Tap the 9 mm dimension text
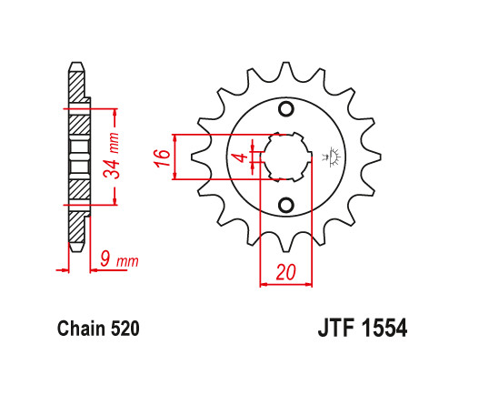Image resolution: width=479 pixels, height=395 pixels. pyautogui.click(x=118, y=262)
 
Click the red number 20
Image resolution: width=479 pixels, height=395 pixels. pyautogui.click(x=285, y=270)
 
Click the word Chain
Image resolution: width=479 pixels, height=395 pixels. pyautogui.click(x=79, y=329)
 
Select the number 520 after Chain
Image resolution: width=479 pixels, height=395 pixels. pyautogui.click(x=124, y=329)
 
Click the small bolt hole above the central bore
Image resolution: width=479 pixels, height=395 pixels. pyautogui.click(x=285, y=110)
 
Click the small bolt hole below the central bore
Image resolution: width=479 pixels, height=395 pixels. pyautogui.click(x=285, y=203)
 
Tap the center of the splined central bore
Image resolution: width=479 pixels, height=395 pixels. pyautogui.click(x=285, y=157)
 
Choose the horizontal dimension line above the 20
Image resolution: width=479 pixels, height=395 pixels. pyautogui.click(x=285, y=284)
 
